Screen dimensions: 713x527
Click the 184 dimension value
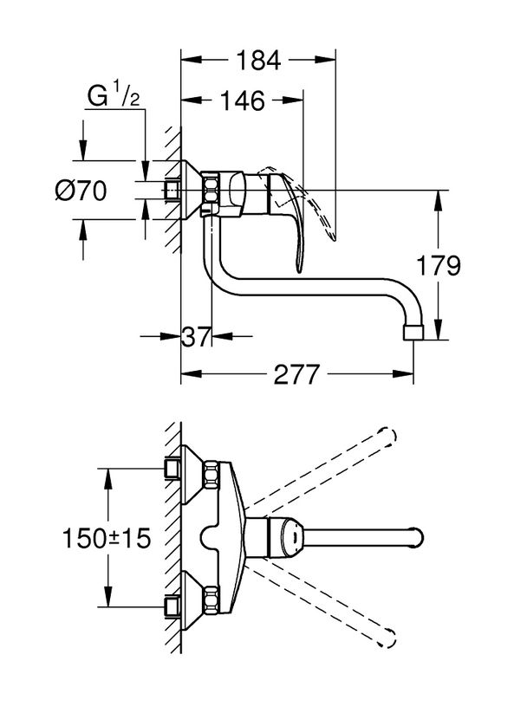coord(258,61)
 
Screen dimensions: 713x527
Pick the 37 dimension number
coord(195,337)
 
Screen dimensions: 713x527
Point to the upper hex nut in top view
coord(211,473)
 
